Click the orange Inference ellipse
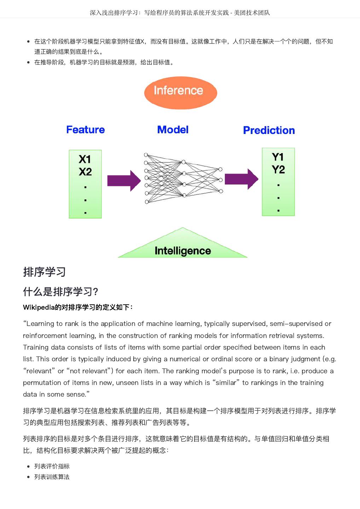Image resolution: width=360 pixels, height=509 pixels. tap(180, 92)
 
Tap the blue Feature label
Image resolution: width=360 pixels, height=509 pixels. tap(86, 130)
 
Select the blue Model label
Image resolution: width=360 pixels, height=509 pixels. tap(173, 130)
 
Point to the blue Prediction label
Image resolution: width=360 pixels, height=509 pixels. tap(269, 130)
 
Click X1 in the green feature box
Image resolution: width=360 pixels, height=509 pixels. tap(85, 159)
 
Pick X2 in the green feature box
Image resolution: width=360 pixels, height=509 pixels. tap(85, 172)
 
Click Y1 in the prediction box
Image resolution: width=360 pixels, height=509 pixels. tap(278, 157)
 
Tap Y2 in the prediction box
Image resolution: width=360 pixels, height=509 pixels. tap(278, 170)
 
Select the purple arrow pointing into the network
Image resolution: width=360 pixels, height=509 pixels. tap(124, 181)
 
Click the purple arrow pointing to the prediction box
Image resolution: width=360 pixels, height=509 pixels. tap(242, 179)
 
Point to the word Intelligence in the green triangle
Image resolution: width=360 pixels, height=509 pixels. tap(182, 251)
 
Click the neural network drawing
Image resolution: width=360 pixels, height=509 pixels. tap(183, 179)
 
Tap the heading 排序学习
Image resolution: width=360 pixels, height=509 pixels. tap(45, 272)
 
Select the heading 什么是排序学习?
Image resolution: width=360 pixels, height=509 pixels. tap(60, 292)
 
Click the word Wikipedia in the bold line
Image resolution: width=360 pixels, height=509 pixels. tap(39, 307)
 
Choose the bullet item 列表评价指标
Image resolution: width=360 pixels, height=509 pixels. tap(52, 466)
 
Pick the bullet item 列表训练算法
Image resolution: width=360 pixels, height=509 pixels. tap(52, 477)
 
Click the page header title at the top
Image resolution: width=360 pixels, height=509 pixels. tap(180, 13)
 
